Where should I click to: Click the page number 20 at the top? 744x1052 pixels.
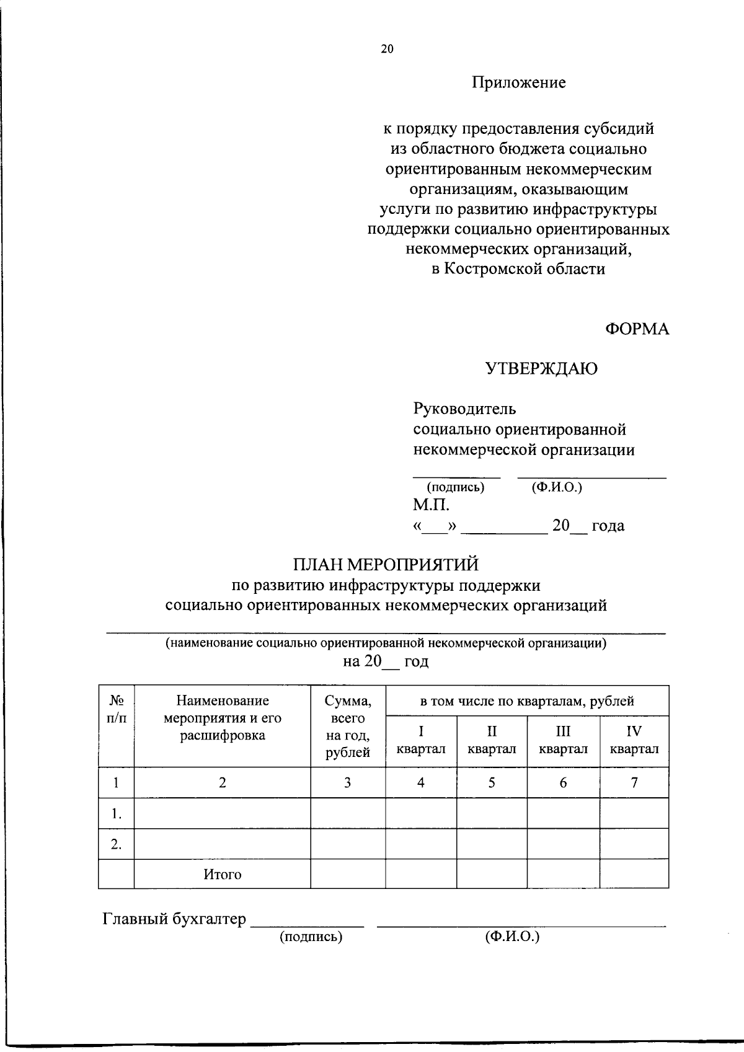pos(387,50)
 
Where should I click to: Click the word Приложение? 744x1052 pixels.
pos(519,82)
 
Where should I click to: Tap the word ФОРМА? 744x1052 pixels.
pos(637,329)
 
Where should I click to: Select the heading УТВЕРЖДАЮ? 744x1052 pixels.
pos(541,369)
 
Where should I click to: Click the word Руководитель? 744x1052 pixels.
pos(464,409)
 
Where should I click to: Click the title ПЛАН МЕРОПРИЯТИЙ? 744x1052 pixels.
pos(386,565)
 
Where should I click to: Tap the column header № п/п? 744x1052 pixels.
pos(117,709)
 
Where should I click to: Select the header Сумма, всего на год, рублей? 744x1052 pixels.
pos(348,727)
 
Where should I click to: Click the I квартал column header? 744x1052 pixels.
pos(421,740)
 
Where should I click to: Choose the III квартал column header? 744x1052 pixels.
pos(563,740)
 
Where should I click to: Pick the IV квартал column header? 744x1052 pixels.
pos(634,740)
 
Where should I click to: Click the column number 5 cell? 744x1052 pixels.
pos(492,783)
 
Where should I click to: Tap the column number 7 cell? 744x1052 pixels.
pos(634,783)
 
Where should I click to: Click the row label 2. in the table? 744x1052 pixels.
pos(117,844)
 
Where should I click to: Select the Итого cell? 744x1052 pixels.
pos(223,875)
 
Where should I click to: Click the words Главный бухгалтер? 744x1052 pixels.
pos(174,919)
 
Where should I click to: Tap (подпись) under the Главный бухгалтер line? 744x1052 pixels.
pos(311,937)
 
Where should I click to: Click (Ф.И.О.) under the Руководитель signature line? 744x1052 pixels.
pos(557,487)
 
